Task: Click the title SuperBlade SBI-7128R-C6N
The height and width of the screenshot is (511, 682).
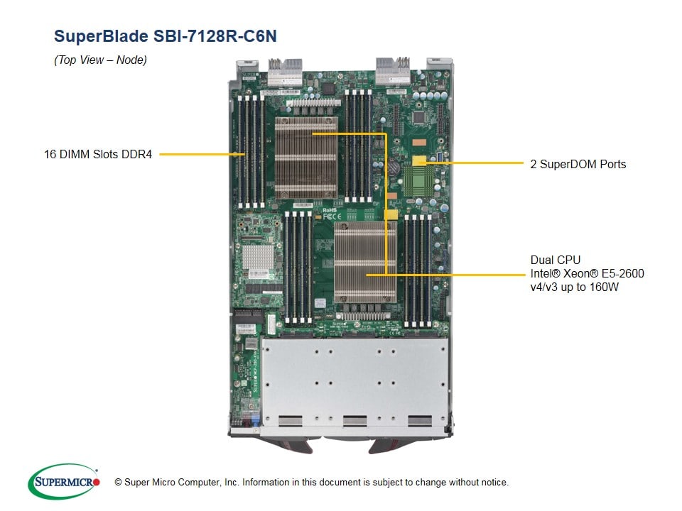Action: point(165,36)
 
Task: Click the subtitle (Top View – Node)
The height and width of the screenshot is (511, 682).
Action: point(100,60)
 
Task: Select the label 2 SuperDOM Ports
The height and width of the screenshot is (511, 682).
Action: point(578,164)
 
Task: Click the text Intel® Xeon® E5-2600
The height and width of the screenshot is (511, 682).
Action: point(587,273)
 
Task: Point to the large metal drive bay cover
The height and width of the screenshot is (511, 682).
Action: point(354,383)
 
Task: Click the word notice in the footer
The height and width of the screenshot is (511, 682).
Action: point(494,483)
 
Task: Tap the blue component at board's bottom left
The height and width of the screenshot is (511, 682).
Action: point(253,419)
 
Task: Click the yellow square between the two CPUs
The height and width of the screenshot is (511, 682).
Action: point(391,214)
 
